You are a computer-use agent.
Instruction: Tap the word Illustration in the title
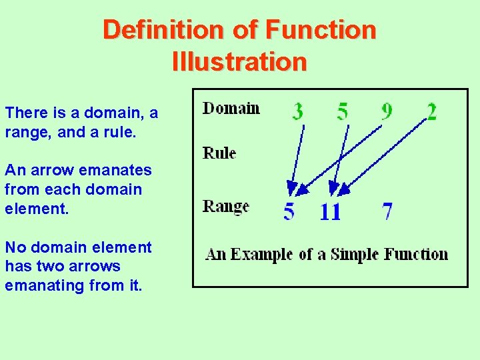point(239,62)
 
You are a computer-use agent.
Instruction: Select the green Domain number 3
point(297,111)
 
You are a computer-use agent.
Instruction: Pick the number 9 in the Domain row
point(387,111)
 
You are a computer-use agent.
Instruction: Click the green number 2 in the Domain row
point(432,111)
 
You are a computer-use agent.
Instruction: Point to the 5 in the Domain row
point(342,111)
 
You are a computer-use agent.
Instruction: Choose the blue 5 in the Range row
point(289,211)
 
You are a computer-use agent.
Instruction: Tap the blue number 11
point(330,212)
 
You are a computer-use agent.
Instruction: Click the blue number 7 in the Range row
point(387,211)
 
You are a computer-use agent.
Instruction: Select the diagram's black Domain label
point(231,108)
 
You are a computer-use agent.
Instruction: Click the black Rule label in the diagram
point(219,153)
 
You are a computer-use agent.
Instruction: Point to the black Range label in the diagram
point(225,206)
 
